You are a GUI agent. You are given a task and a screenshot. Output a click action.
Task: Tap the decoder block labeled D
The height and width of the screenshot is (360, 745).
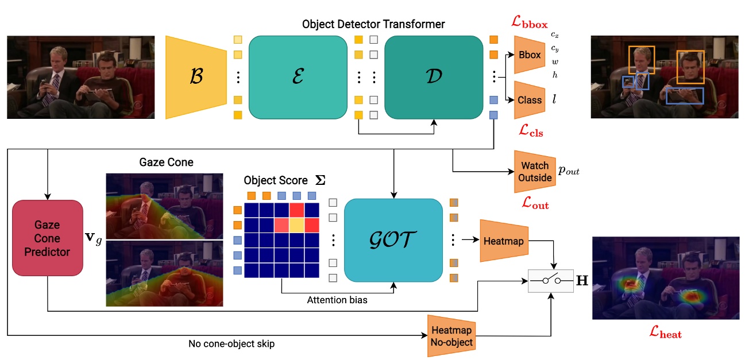point(433,77)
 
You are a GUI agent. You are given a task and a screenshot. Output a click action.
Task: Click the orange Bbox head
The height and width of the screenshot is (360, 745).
point(529,55)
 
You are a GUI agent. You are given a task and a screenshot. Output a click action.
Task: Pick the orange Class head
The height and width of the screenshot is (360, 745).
point(529,100)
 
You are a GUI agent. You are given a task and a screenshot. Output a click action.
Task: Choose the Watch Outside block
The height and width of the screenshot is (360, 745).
point(534,172)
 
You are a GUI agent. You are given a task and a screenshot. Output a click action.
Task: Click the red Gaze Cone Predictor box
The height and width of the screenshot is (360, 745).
point(48,238)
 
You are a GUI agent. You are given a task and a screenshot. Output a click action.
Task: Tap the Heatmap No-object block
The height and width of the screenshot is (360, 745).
point(451,336)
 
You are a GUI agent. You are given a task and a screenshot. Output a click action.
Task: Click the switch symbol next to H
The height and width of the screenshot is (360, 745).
point(550,281)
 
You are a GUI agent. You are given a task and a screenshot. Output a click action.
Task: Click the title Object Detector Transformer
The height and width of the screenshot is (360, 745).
point(373,24)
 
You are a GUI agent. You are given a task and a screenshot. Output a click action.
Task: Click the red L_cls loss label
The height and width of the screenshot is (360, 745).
point(530,132)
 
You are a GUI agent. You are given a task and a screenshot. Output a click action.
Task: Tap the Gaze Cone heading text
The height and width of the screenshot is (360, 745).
point(166,162)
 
